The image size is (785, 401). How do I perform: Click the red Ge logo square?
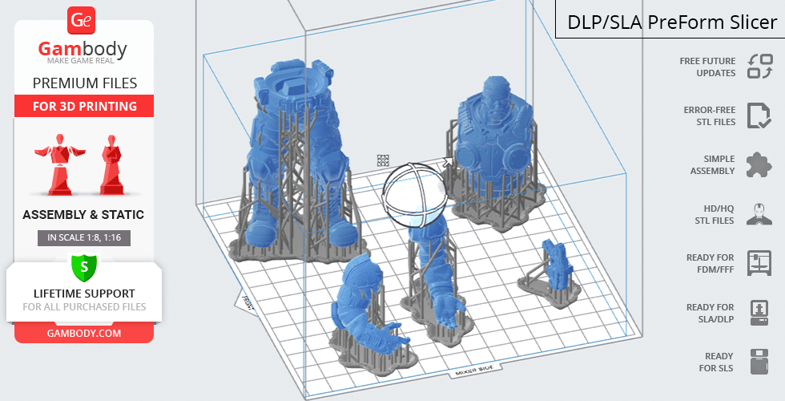point(81,21)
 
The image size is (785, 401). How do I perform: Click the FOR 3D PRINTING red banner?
point(84,106)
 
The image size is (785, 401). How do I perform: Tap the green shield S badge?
point(84,267)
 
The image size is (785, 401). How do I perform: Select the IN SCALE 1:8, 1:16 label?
point(84,237)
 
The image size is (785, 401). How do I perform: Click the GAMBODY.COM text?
point(84,334)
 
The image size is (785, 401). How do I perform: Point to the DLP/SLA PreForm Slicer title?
point(672,22)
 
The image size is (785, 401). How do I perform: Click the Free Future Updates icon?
point(759,67)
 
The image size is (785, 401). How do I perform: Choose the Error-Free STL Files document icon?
point(759,115)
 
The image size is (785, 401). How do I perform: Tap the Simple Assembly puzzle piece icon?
point(759,165)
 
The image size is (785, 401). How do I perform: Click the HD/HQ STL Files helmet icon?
point(759,215)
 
